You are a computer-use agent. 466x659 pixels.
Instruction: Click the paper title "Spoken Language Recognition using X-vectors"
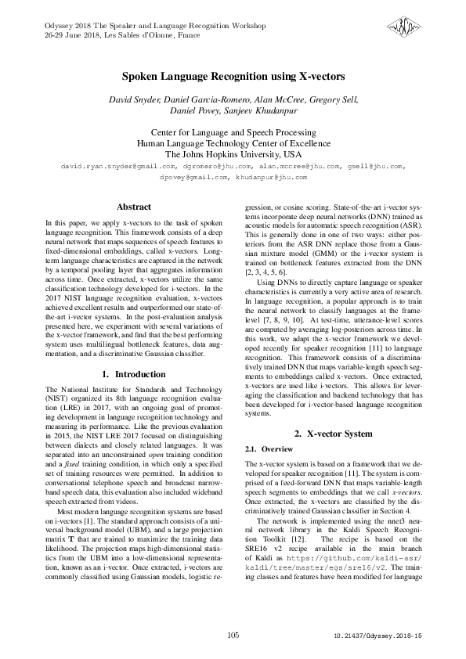tap(233, 77)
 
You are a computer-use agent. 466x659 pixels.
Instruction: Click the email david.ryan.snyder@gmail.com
tap(108, 167)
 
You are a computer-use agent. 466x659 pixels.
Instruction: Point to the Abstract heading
tap(133, 207)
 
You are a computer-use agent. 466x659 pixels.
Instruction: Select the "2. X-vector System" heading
tap(332, 433)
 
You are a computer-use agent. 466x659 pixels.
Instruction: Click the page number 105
tap(233, 636)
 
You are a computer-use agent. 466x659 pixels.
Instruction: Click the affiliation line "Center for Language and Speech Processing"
tap(233, 133)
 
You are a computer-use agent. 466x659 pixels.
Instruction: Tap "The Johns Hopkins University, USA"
tap(233, 154)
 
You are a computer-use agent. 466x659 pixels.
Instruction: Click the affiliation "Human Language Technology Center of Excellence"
tap(233, 144)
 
